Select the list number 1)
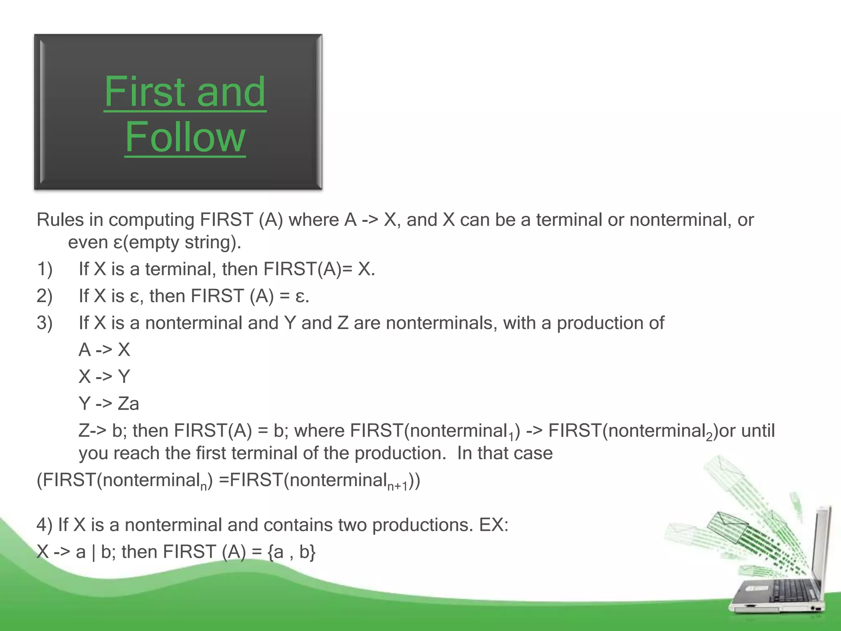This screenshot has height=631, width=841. coord(45,269)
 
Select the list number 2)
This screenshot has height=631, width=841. coord(45,296)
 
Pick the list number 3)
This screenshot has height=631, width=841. coord(45,323)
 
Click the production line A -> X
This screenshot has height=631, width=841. coord(104,350)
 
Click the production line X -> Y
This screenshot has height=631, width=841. coord(104,377)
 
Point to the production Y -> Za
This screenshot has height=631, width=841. coord(109,404)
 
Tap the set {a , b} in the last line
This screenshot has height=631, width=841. coord(292,552)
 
